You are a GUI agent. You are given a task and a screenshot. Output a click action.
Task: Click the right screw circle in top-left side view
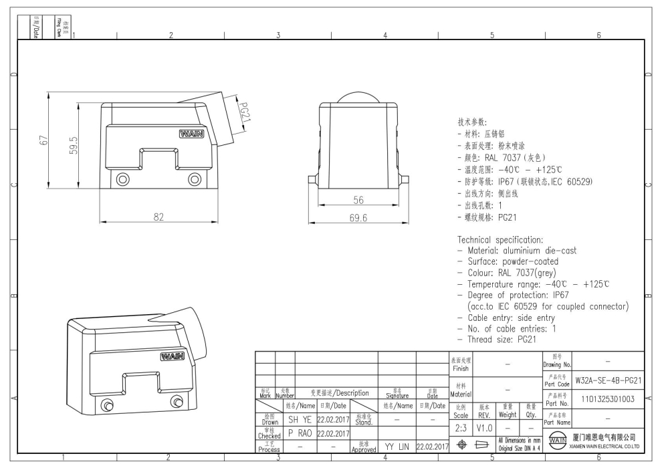tap(195, 179)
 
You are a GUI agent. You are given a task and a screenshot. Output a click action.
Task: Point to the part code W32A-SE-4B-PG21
tap(609, 380)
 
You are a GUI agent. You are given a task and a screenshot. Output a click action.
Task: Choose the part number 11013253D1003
tap(609, 400)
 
